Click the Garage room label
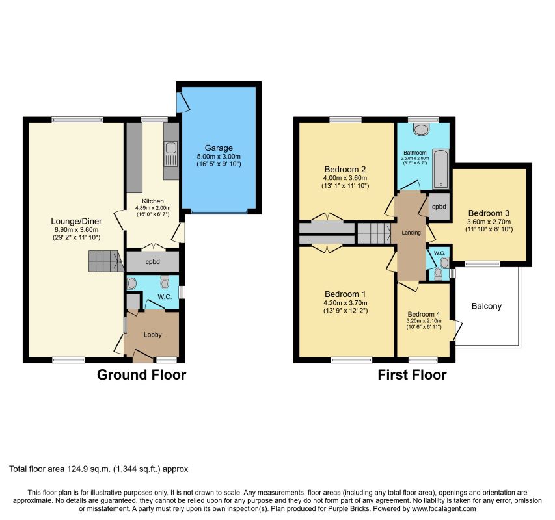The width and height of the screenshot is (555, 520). (219, 148)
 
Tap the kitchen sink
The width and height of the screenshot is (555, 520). (171, 155)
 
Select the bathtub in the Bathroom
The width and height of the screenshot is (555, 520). (440, 169)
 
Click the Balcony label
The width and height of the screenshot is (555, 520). (486, 306)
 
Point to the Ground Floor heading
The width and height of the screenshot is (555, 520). (142, 374)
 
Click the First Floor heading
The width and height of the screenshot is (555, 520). (412, 374)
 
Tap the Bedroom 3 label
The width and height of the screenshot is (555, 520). (489, 213)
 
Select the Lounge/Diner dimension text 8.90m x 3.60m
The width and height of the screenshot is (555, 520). (74, 230)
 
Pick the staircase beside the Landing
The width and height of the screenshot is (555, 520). (374, 233)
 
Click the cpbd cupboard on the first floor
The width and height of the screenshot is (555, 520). (439, 207)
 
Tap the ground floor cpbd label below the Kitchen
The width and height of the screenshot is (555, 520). (152, 262)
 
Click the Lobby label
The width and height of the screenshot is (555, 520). (152, 335)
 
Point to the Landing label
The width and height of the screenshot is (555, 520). (411, 233)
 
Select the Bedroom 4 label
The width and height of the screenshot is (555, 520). (424, 314)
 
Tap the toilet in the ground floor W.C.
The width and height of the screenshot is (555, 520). (165, 281)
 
